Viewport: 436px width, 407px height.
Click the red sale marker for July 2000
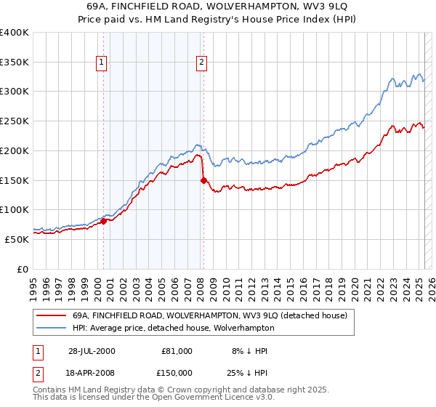pyautogui.click(x=104, y=222)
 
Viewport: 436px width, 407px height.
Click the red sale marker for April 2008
pyautogui.click(x=203, y=181)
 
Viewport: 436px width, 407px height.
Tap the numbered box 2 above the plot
pyautogui.click(x=201, y=63)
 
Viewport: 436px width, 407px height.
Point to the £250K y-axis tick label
pyautogui.click(x=15, y=121)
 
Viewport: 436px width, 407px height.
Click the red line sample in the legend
pyautogui.click(x=52, y=315)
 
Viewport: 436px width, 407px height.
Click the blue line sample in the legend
pyautogui.click(x=52, y=328)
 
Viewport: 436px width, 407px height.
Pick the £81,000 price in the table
pyautogui.click(x=177, y=351)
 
